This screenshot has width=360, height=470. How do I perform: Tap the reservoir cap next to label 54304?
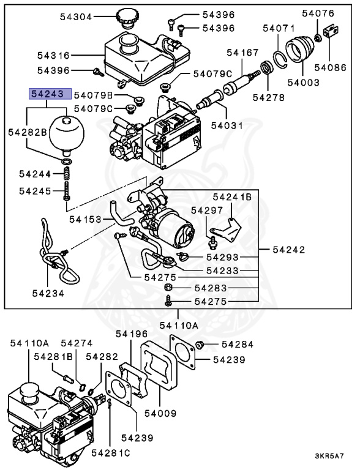pos(128,18)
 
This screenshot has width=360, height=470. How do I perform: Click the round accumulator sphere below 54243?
pos(66,130)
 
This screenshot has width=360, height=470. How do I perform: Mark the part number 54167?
pos(242,53)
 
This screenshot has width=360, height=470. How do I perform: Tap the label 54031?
pos(227,125)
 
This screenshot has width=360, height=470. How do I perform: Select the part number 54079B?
pos(94,95)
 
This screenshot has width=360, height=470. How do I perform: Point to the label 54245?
pos(36,191)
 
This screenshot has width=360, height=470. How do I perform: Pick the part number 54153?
pos(85,218)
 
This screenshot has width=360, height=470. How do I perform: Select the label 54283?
pos(211,287)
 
